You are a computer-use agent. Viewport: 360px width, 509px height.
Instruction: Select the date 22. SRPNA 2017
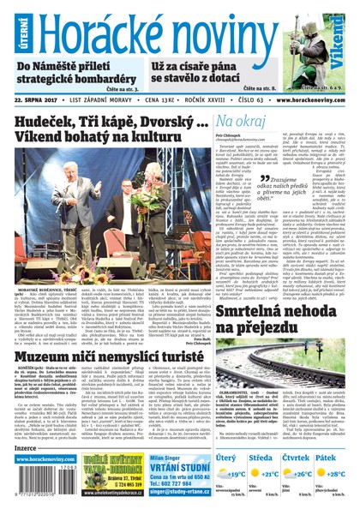[x=43, y=100]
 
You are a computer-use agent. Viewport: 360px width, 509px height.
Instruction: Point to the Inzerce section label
[x=27, y=447]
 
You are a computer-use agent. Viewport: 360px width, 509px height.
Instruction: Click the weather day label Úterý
[x=225, y=459]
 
